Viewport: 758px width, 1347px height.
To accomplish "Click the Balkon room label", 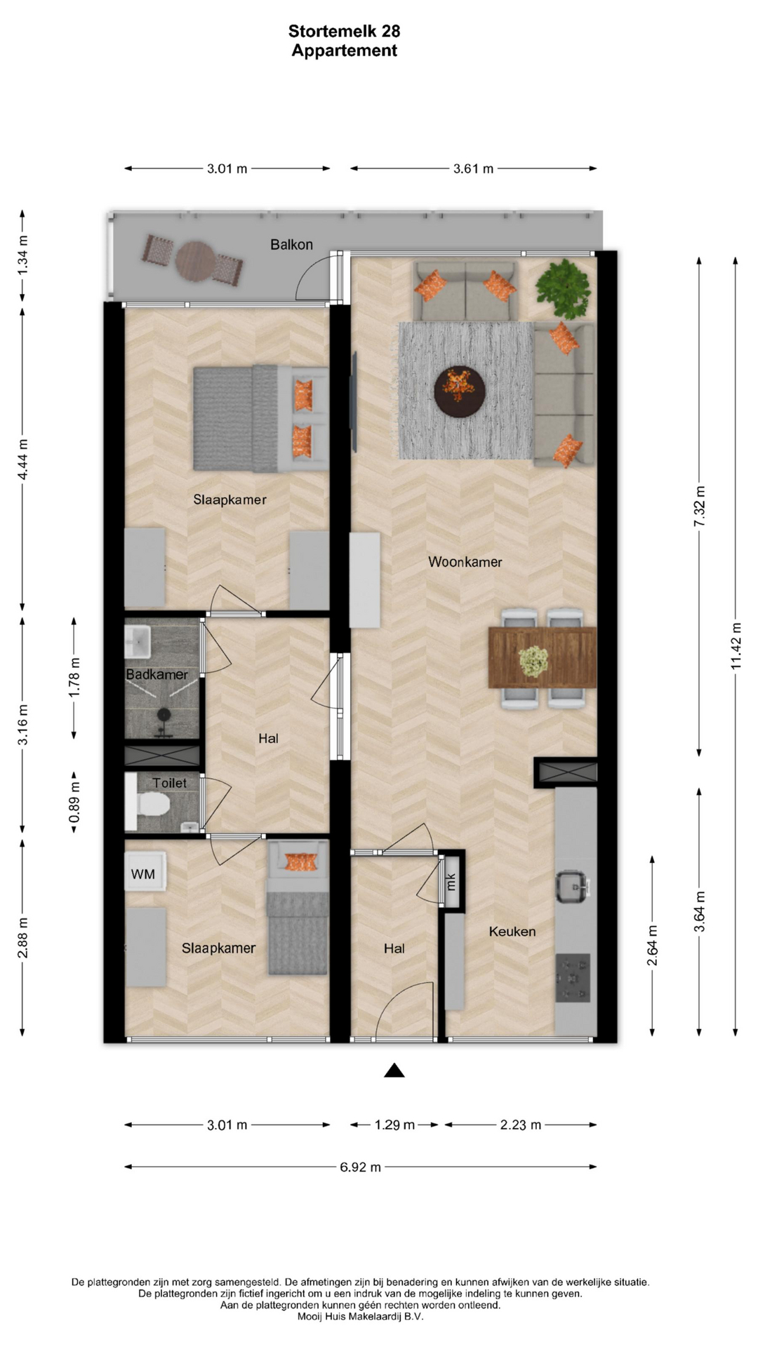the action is coord(291,245).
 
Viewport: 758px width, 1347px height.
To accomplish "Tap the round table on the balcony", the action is coord(196,260).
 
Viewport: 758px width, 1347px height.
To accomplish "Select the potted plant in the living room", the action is coord(563,288).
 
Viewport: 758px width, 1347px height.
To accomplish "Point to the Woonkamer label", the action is coord(465,562).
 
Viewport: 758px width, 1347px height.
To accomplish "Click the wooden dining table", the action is coord(542,658).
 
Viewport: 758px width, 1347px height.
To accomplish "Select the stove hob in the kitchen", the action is coord(573,977).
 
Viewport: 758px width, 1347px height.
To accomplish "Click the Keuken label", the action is coord(512,932).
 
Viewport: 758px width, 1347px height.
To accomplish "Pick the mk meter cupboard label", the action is coord(451,881).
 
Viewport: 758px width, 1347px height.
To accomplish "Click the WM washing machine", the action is coord(145,872).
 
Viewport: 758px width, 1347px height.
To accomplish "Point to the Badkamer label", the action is coord(157,674).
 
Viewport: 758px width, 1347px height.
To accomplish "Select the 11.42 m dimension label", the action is coord(736,645).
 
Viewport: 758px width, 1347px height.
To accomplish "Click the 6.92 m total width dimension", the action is coord(361,1167).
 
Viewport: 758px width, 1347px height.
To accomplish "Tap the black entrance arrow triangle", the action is coord(394,1070).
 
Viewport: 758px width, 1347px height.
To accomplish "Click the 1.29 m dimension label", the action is coord(394,1125).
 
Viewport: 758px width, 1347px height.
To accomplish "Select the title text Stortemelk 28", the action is coord(345,31).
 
